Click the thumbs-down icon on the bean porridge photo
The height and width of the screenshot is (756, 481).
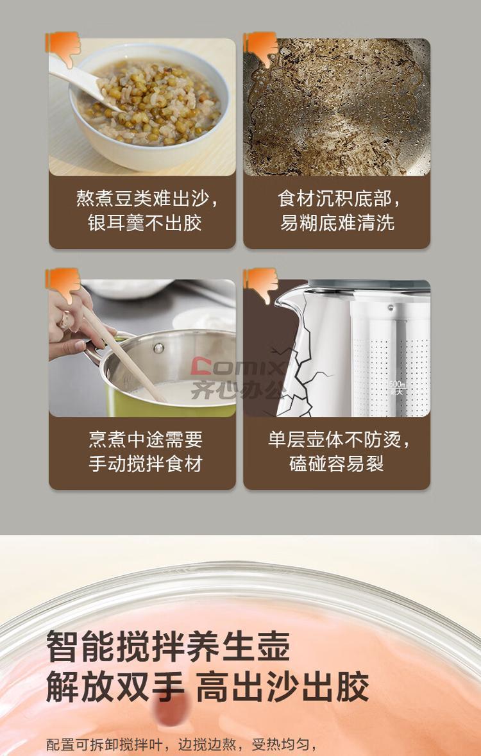pos(63,48)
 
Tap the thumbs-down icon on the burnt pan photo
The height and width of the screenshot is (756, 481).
pos(261,48)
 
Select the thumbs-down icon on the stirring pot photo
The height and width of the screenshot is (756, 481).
pos(63,285)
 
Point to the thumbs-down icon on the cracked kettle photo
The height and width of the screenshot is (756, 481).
pos(261,285)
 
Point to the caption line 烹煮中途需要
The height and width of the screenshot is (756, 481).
pos(145,439)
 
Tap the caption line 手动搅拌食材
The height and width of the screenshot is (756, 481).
pos(145,464)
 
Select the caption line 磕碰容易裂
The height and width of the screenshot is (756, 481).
pos(337,464)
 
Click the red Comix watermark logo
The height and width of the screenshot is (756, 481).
pos(237,366)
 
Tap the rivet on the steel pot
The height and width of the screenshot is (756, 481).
pos(158,348)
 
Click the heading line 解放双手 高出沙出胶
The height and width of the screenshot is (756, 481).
pos(207,685)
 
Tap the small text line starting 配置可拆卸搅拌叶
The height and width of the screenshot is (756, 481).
pos(181,744)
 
